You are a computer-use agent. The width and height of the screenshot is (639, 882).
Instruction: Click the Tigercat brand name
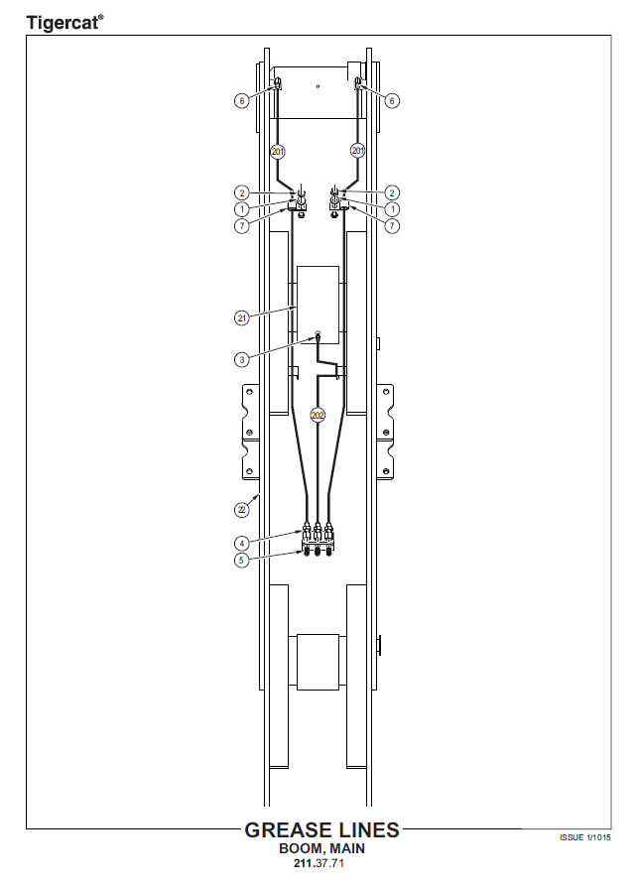pyautogui.click(x=62, y=23)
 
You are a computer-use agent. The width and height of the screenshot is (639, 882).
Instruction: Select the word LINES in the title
pyautogui.click(x=365, y=830)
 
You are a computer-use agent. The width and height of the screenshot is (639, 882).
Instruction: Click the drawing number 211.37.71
pyautogui.click(x=319, y=863)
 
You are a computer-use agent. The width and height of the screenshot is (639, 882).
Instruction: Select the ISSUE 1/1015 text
pyautogui.click(x=585, y=837)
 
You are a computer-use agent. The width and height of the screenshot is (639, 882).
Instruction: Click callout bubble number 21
pyautogui.click(x=242, y=318)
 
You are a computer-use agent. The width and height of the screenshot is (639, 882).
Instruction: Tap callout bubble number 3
pyautogui.click(x=242, y=359)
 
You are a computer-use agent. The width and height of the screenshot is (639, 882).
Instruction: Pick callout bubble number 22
pyautogui.click(x=242, y=510)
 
